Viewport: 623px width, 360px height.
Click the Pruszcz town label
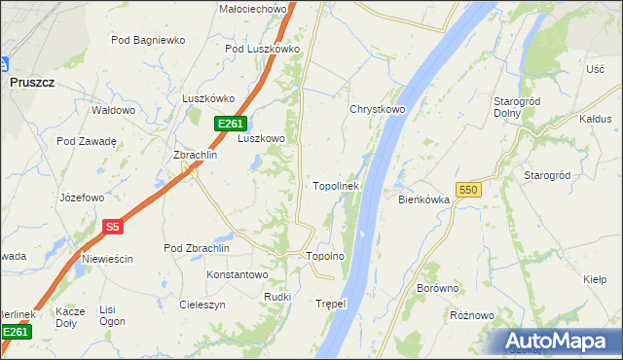pos(31,84)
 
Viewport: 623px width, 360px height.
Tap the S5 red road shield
pos(112,227)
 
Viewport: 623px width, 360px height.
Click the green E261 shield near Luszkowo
pos(229,124)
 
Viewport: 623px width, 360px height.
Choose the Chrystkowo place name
pos(378,110)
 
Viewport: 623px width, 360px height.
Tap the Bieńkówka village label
pos(423,199)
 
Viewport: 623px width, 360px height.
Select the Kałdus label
pos(595,119)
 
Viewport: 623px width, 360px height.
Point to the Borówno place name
pos(437,289)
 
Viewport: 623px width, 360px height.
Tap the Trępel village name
pos(331,304)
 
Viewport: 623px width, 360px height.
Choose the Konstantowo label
pos(237,275)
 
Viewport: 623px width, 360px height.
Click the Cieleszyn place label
pos(202,305)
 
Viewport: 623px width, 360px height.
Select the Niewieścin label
pos(107,259)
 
